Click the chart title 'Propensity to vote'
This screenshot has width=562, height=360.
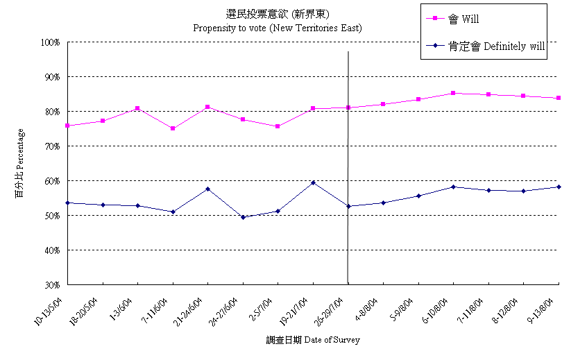coord(277,28)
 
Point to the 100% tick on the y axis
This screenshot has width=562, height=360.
coord(51,42)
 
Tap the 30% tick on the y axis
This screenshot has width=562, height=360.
coord(53,284)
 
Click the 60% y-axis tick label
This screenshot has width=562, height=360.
coord(53,181)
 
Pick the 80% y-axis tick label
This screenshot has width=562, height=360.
coord(53,112)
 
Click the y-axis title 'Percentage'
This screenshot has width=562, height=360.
coord(20,163)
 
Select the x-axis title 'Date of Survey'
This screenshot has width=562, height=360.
coord(312,340)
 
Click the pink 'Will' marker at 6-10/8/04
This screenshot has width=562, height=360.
coord(453,93)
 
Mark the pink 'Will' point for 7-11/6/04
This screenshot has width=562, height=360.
coord(173,128)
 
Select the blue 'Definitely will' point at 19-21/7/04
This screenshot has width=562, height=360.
coord(313,182)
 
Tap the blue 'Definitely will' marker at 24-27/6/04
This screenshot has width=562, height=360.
coord(243,217)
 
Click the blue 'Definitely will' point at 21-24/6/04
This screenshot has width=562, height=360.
coord(207,189)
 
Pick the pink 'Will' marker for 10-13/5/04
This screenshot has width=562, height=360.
coord(68,126)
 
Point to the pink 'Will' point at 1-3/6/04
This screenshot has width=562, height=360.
coord(138,108)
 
